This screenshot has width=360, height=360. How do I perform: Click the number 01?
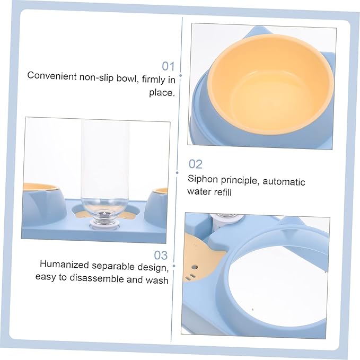[x=168, y=66]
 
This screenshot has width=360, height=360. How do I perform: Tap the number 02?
[x=196, y=164]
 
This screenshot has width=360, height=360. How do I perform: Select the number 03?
[x=161, y=256]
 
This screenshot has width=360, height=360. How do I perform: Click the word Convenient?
[x=52, y=76]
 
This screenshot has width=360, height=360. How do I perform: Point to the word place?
[x=162, y=93]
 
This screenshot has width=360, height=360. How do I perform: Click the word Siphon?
[x=203, y=179]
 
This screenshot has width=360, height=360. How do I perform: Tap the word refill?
[x=220, y=192]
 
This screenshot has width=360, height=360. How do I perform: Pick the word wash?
[x=157, y=280]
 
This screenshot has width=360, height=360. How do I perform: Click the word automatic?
[x=284, y=182]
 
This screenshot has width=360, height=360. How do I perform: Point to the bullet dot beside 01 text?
[x=181, y=75]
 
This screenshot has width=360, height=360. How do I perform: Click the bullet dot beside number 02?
[x=177, y=173]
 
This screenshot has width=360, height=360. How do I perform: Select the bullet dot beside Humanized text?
[x=174, y=266]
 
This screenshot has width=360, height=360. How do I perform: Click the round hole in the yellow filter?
[x=195, y=267]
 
